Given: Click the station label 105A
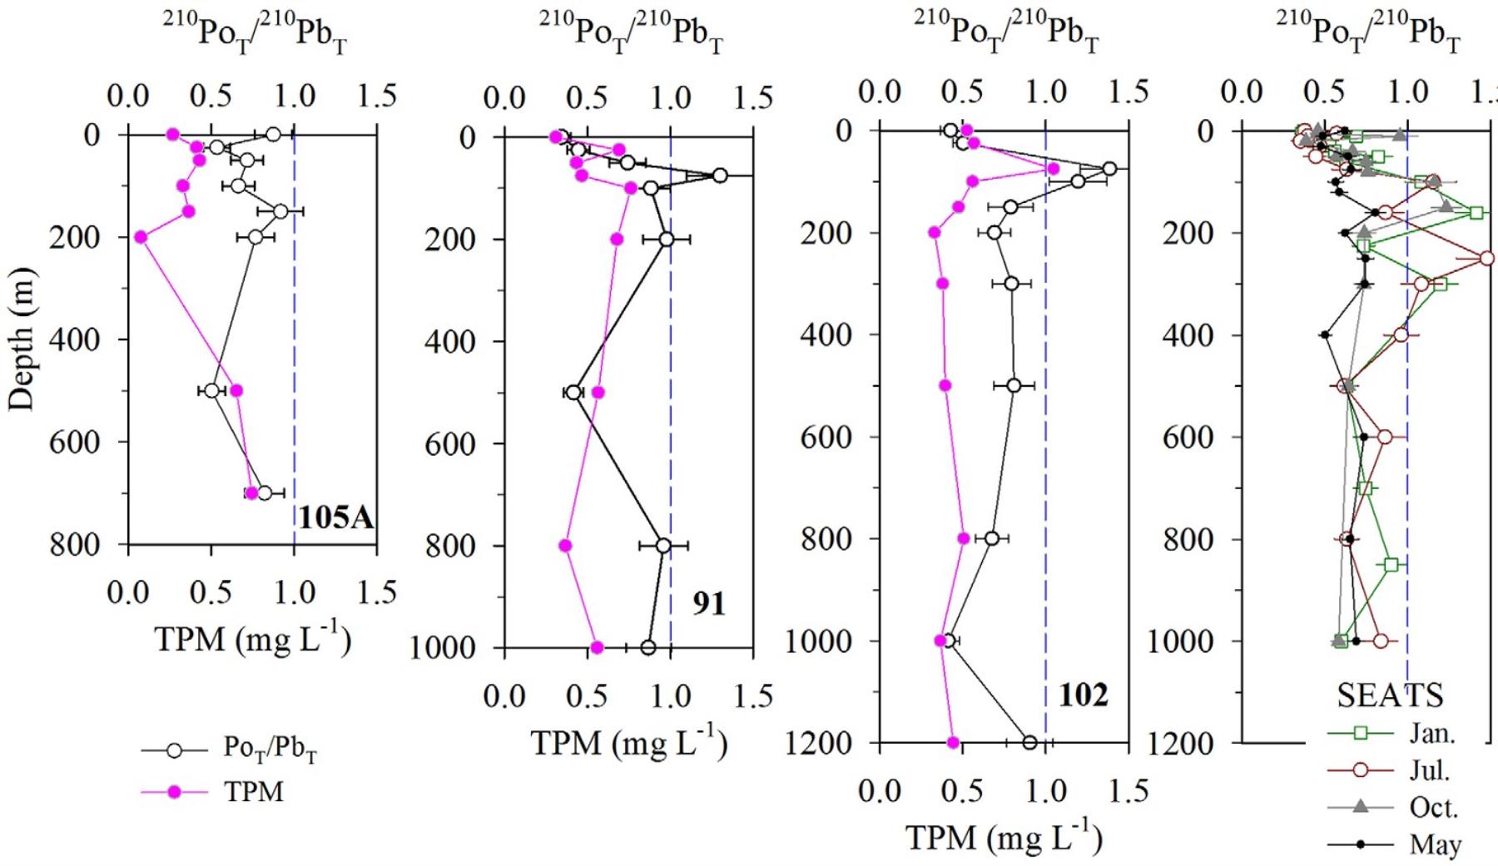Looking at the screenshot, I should point(336,518).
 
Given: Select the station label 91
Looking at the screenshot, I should point(709,603).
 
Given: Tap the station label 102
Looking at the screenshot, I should point(1084,695).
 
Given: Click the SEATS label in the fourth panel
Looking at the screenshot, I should point(1390,695).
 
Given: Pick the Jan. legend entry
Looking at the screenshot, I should point(1431,733).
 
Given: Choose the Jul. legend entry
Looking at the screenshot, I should point(1430,770).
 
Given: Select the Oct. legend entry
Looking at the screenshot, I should point(1433,807).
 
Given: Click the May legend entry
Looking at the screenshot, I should point(1435,844).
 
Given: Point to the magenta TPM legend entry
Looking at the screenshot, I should point(253,792).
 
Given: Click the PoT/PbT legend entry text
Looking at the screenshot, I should point(270,750).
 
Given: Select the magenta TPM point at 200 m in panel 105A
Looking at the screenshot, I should point(141,237).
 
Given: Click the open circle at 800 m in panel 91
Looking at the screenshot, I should point(662,546).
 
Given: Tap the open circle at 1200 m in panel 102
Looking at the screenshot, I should point(1029,743).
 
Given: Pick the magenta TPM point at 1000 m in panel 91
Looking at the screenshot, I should point(597,647).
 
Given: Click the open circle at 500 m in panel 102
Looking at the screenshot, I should point(1014,385).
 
